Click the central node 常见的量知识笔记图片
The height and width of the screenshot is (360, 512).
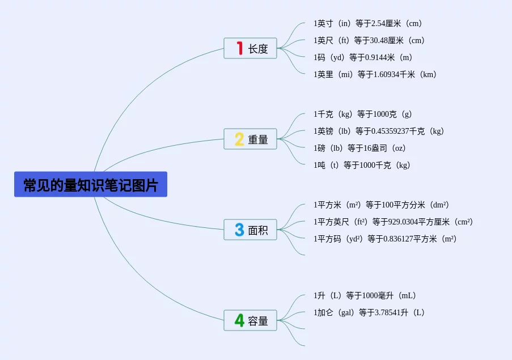(x=91, y=185)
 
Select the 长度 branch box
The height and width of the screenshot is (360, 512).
(x=251, y=49)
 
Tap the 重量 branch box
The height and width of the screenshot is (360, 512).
(x=251, y=139)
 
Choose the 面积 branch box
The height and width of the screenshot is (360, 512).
(x=251, y=230)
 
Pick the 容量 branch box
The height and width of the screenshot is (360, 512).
(x=251, y=320)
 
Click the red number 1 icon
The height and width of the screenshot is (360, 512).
(x=239, y=49)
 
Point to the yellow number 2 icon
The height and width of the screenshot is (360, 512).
(x=239, y=139)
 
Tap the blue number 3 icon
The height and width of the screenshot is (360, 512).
(x=239, y=230)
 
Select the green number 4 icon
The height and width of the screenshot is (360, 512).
(x=239, y=320)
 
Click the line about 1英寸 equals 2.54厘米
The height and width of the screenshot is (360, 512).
(x=368, y=24)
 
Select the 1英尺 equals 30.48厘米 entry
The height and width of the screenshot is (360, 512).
(x=369, y=41)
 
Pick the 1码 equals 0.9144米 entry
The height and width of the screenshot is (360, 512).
(x=363, y=57)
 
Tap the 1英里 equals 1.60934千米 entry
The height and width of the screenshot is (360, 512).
(x=375, y=74)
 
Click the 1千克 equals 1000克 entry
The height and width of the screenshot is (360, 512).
(x=363, y=115)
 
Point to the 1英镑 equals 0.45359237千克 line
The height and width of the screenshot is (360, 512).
(x=379, y=132)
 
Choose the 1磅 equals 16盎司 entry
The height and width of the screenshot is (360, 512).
(x=360, y=149)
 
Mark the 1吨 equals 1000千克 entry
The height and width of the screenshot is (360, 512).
(x=362, y=166)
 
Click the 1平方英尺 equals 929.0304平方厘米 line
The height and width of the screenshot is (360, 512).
(x=393, y=222)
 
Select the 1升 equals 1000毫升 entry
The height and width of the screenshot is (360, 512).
(x=365, y=295)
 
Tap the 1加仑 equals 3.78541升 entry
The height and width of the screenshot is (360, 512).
(x=369, y=312)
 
